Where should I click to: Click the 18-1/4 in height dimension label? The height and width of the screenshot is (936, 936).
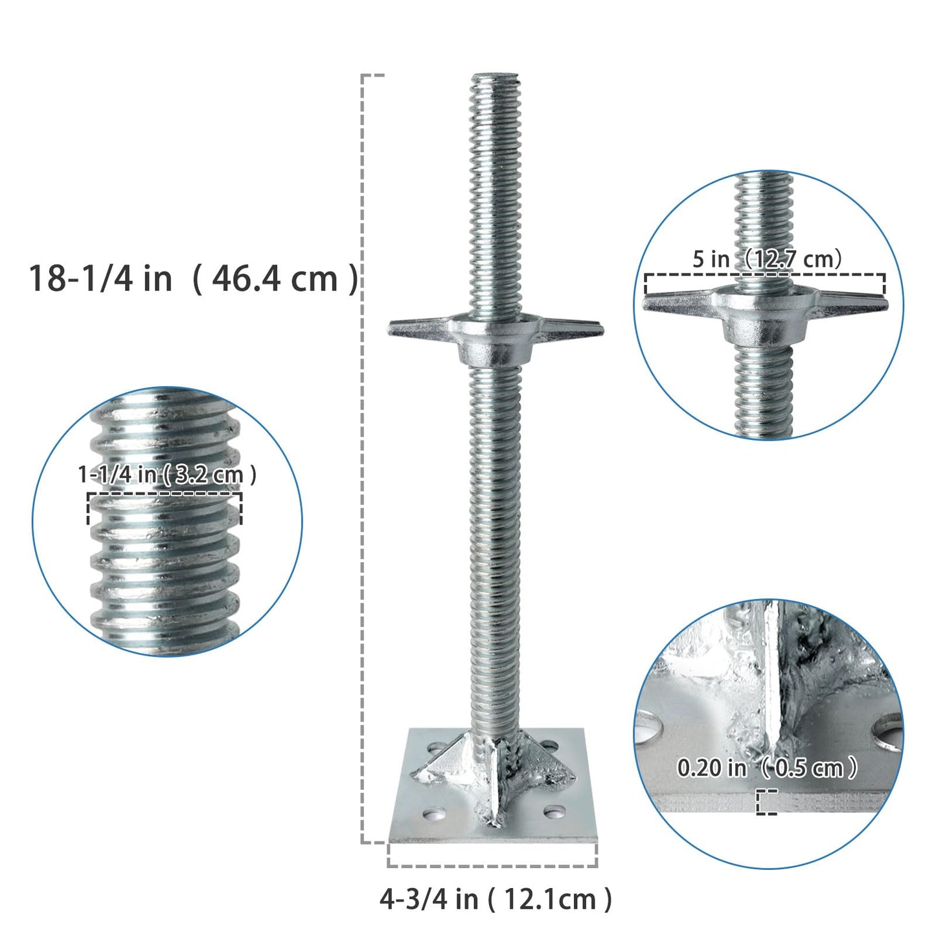(x=192, y=279)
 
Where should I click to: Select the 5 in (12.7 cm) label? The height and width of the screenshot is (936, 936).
(x=767, y=259)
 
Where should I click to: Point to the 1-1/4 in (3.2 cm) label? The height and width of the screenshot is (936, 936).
(x=167, y=475)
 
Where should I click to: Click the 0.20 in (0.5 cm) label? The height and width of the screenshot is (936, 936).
(x=767, y=768)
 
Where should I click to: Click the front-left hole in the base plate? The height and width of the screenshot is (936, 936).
(x=433, y=812)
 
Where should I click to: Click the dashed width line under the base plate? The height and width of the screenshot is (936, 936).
(x=492, y=865)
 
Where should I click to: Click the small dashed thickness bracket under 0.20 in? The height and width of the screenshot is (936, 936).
(x=766, y=802)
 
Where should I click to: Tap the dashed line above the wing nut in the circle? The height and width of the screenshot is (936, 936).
(x=764, y=275)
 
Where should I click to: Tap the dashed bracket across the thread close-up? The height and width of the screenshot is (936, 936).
(x=165, y=496)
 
